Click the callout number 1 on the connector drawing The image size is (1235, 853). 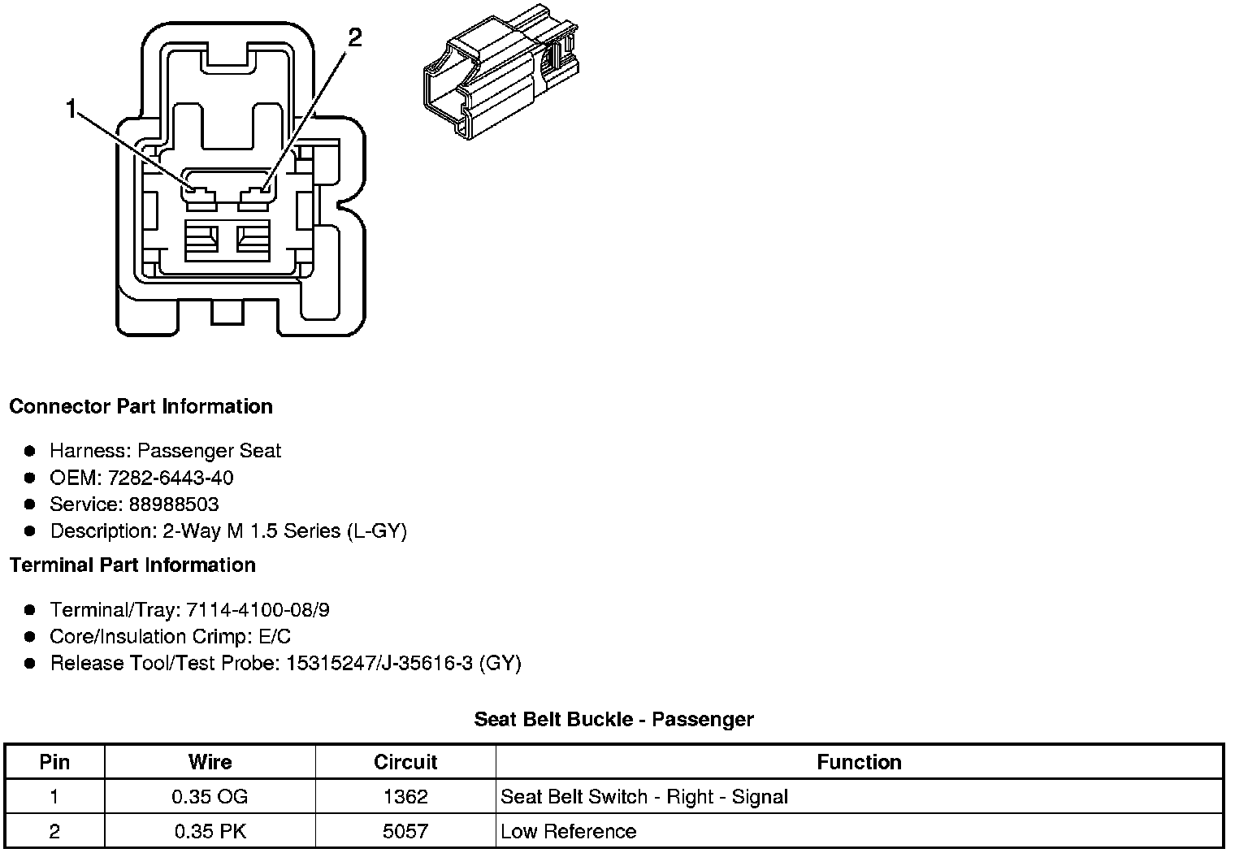click(x=72, y=108)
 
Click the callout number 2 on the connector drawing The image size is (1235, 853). click(x=354, y=37)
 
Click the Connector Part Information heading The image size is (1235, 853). click(x=141, y=406)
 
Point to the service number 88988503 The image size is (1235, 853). click(x=173, y=504)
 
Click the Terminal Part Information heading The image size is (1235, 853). click(x=132, y=565)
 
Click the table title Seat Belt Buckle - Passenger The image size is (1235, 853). click(x=613, y=719)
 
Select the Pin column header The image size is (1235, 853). click(x=54, y=762)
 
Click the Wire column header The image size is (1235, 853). click(x=210, y=762)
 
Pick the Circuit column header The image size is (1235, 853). click(x=405, y=762)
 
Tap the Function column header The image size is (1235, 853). click(x=859, y=762)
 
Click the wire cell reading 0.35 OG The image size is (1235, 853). click(x=210, y=797)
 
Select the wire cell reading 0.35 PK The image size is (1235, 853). click(x=210, y=832)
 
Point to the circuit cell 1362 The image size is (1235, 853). click(x=405, y=797)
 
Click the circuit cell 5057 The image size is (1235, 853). click(x=405, y=832)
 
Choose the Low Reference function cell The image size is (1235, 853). click(x=569, y=832)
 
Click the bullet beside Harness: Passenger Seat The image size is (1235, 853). click(x=30, y=451)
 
